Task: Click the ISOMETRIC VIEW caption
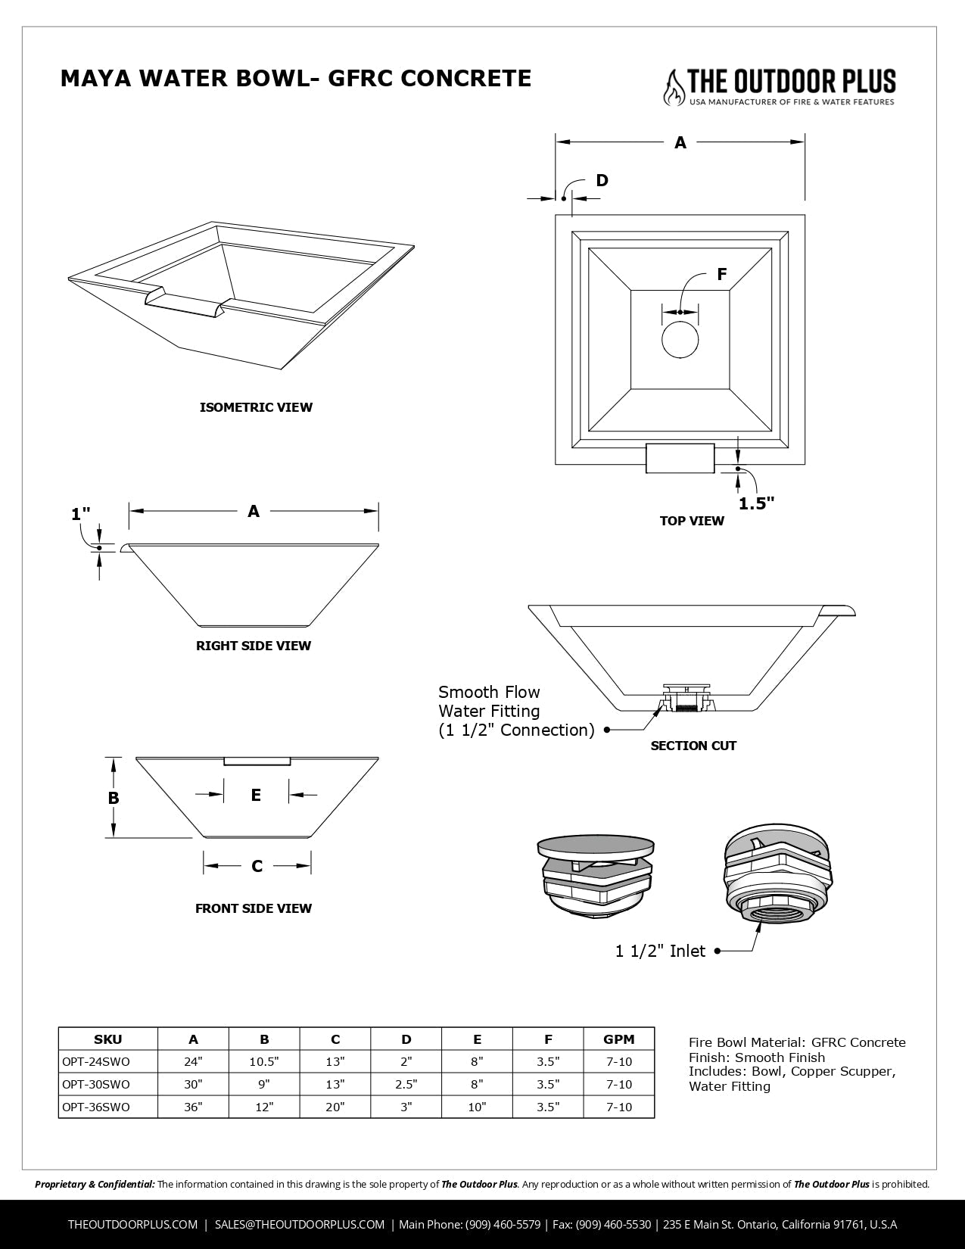tap(256, 407)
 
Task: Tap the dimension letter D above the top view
tap(602, 180)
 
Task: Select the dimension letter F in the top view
tap(721, 275)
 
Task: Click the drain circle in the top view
tap(680, 339)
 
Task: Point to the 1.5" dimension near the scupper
tap(756, 503)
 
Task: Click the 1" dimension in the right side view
tap(80, 514)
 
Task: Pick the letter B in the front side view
tap(114, 798)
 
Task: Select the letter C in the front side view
tap(257, 866)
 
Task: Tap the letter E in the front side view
tap(256, 795)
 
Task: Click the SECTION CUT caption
tap(693, 746)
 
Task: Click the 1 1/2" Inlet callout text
tap(660, 951)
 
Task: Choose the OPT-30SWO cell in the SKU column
tap(96, 1084)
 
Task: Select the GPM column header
tap(618, 1039)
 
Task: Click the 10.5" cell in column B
tap(264, 1061)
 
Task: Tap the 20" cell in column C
tap(335, 1107)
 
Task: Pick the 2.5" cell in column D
tap(406, 1084)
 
